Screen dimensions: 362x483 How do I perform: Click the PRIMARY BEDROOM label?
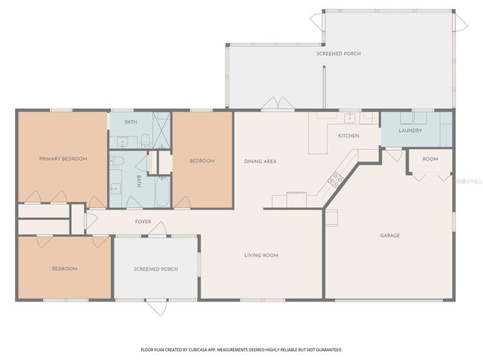pos(63,159)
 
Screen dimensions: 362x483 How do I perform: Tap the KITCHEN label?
pos(348,136)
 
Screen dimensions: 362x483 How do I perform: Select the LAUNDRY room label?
pos(410,130)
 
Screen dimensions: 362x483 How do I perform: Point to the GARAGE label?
pos(389,235)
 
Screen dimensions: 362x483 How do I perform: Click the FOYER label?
pos(143,222)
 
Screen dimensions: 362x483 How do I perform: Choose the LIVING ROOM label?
pos(261,256)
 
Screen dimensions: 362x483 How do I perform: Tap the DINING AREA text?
pos(259,161)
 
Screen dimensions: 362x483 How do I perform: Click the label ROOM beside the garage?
pos(430,159)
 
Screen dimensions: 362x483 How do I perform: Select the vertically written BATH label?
pos(139,181)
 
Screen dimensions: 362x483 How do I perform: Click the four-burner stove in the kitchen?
pos(334,179)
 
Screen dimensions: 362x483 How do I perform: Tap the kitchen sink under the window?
pos(350,118)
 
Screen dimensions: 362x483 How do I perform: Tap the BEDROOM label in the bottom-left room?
pos(64,268)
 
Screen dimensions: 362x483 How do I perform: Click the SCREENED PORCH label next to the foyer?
pos(155,269)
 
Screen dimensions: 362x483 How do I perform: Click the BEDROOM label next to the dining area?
pos(202,161)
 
